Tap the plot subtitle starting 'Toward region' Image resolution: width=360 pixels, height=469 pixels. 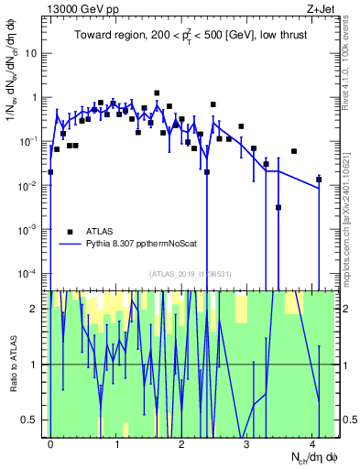(x=191, y=37)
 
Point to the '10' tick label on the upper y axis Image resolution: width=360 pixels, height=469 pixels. (x=35, y=53)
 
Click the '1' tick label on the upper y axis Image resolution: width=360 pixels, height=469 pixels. (x=38, y=97)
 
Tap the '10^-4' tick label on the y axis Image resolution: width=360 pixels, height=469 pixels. (x=32, y=274)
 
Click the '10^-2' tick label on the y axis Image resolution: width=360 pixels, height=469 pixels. (x=32, y=186)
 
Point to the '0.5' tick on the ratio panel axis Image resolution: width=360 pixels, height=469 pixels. (x=34, y=420)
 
